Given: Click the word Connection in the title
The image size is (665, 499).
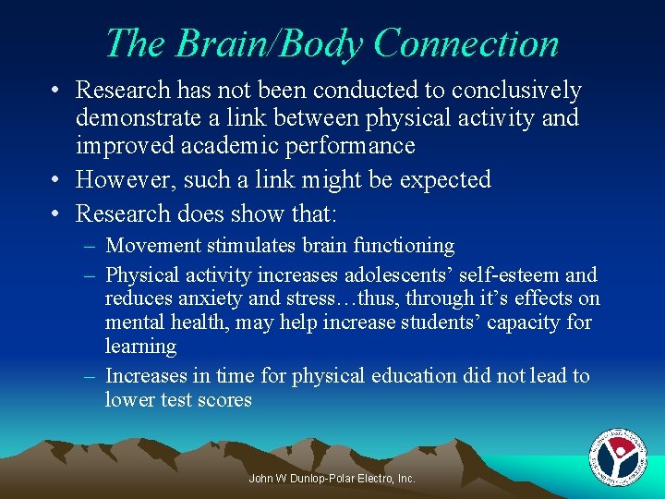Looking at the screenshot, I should (x=466, y=43).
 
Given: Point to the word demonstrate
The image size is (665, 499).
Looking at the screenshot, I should (x=147, y=117).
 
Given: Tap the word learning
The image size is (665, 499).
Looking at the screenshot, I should (x=140, y=347).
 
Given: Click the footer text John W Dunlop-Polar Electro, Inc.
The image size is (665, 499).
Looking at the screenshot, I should (x=332, y=478).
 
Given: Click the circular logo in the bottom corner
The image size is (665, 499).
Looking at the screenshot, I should (x=617, y=456).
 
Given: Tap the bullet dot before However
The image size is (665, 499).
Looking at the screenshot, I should (x=56, y=179).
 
